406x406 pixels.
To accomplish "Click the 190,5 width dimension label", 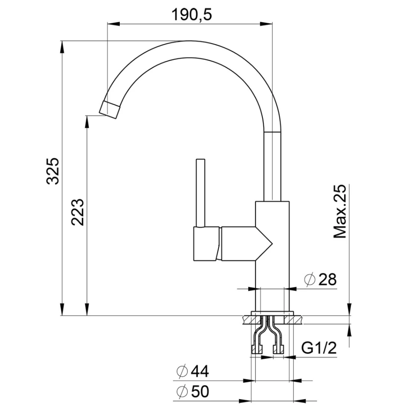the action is [192, 15].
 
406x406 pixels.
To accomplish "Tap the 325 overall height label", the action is [53, 171].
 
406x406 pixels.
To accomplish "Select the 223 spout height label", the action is [77, 212].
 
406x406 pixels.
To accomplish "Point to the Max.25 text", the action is [339, 211].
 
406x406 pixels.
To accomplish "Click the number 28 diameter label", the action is [328, 279].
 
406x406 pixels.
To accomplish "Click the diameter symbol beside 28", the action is [310, 279].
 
